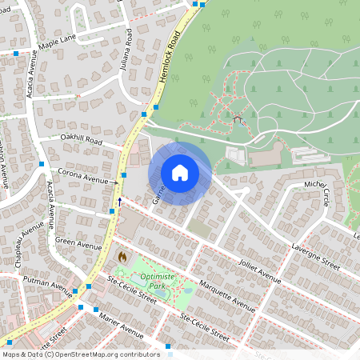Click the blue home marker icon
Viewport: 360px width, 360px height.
pyautogui.click(x=180, y=173)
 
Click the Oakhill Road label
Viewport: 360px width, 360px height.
pyautogui.click(x=82, y=140)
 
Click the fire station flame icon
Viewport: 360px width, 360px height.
pyautogui.click(x=122, y=258)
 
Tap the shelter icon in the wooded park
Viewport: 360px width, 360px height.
pyautogui.click(x=238, y=120)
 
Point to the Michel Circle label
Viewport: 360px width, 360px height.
pyautogui.click(x=318, y=193)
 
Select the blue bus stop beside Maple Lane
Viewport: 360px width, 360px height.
pyautogui.click(x=16, y=53)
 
